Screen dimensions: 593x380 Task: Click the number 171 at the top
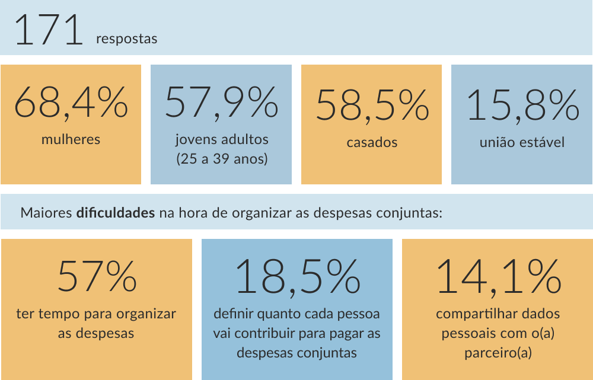pos(49,30)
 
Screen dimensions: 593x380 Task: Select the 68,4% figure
pos(71,103)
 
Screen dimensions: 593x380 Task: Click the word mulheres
pos(71,139)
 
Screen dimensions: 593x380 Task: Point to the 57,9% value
pos(222,103)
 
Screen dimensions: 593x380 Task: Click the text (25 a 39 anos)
pos(222,159)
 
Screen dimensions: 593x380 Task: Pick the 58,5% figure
pos(372,106)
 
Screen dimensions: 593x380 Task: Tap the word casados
pos(372,142)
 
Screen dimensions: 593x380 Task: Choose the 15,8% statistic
pos(522,106)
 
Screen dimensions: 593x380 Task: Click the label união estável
pos(522,142)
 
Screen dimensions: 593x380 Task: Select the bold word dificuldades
pos(116,212)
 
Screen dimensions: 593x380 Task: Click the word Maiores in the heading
pos(46,213)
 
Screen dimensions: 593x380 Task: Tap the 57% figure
pos(97,276)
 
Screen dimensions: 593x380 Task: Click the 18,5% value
pos(297,277)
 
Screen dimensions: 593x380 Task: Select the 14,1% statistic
pos(499,277)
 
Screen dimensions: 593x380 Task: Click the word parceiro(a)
pos(498,353)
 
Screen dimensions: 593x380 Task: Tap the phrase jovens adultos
pos(222,139)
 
